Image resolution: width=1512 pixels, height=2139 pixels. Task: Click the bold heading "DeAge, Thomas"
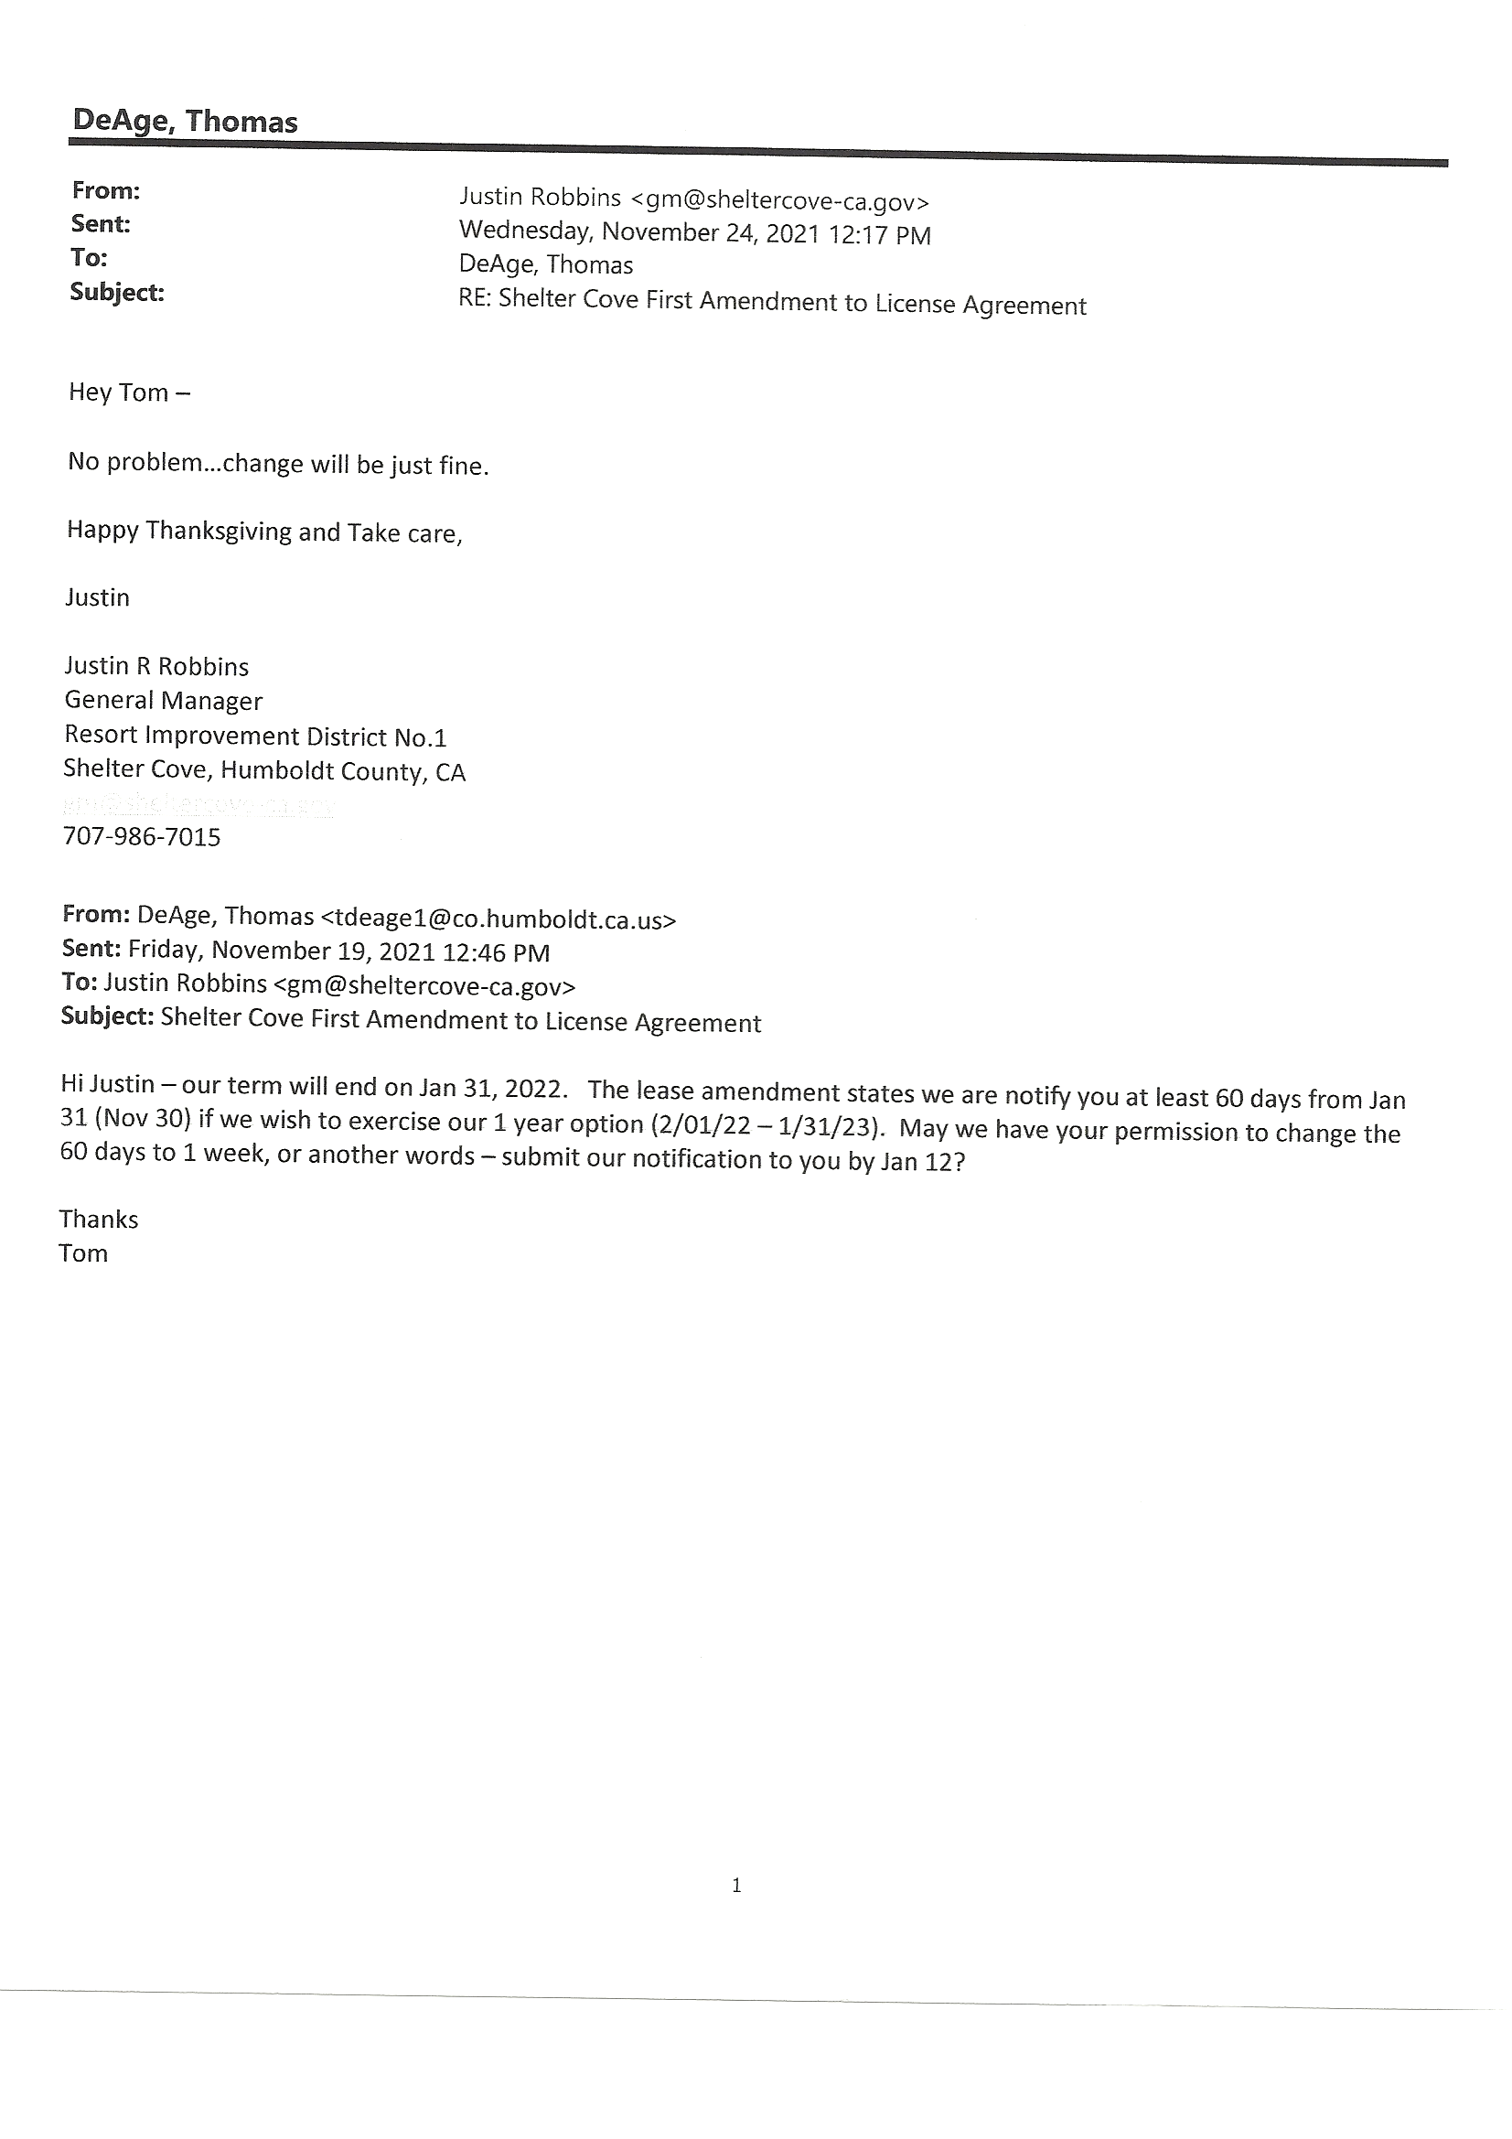(185, 122)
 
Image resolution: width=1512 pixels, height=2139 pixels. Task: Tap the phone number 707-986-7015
(142, 836)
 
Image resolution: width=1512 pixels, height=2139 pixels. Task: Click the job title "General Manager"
(163, 701)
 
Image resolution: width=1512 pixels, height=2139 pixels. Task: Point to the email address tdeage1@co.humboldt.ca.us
(499, 919)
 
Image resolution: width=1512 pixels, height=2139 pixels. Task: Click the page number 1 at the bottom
(737, 1886)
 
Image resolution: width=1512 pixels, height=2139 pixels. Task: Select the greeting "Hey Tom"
(118, 392)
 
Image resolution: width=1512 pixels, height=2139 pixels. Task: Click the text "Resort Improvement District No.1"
(255, 736)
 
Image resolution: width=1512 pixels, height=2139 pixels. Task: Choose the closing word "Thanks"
(99, 1220)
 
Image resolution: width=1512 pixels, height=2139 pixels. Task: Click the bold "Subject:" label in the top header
(117, 293)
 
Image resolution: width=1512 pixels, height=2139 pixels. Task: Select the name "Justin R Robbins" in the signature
(156, 666)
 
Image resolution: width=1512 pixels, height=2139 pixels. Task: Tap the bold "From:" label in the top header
(105, 191)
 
